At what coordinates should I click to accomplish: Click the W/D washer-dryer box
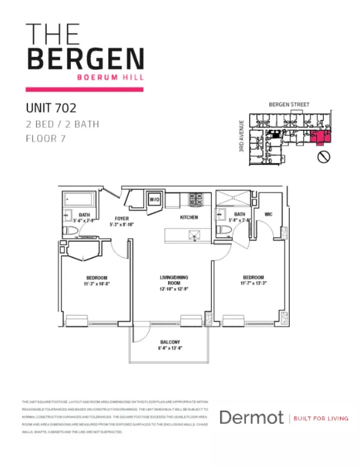(x=154, y=199)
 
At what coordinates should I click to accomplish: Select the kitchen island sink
(x=193, y=235)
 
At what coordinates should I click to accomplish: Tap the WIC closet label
(x=268, y=214)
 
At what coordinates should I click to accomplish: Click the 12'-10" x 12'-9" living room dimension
(x=174, y=289)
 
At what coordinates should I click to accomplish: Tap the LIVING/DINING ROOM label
(x=174, y=279)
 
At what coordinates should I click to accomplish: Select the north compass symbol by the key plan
(x=323, y=157)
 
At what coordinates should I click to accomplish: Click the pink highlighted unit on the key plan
(x=320, y=138)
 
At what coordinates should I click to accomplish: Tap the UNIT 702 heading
(x=51, y=109)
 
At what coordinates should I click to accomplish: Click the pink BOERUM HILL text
(x=113, y=76)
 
